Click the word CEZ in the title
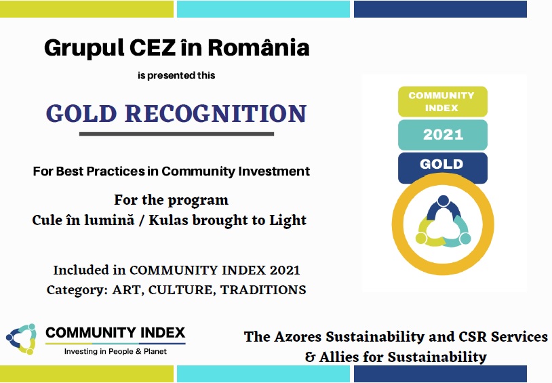[153, 48]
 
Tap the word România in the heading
[259, 47]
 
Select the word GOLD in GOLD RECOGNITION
[81, 113]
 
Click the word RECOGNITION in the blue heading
[216, 113]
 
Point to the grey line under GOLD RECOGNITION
[176, 134]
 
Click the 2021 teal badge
[443, 135]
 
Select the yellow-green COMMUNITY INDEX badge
[443, 102]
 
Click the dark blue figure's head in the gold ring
[443, 201]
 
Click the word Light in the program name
[288, 221]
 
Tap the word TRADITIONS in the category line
[263, 289]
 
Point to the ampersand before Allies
[310, 357]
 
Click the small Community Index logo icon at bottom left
[22, 339]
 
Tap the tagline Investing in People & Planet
[115, 351]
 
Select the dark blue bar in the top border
[440, 9]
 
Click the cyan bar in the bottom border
[263, 374]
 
